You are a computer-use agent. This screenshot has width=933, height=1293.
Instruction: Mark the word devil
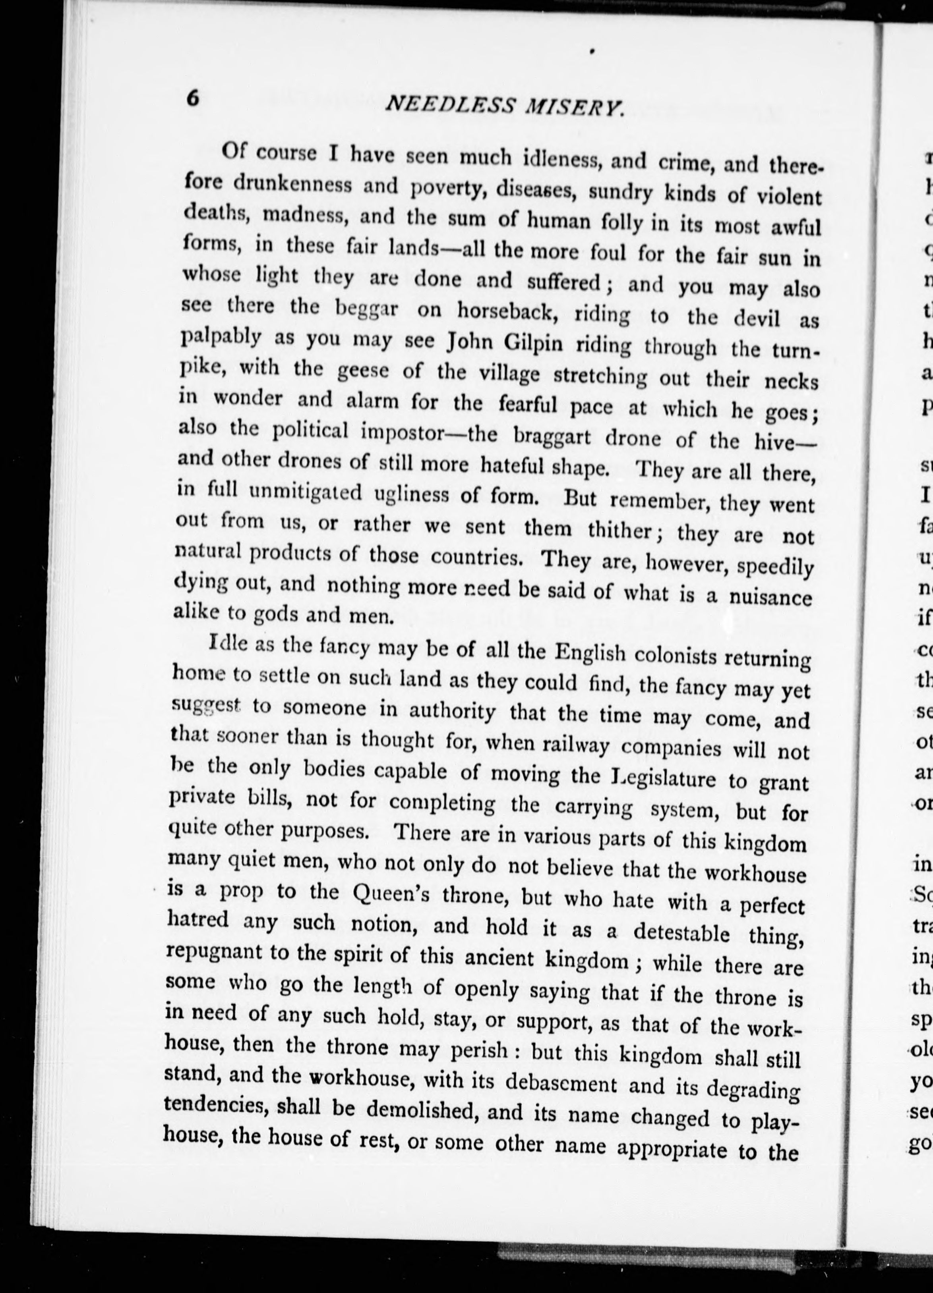coord(756,318)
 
